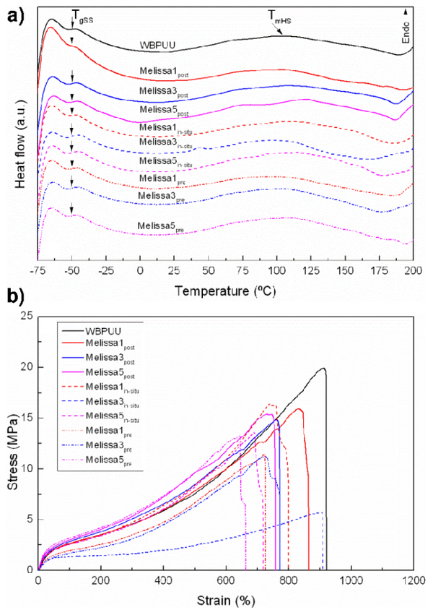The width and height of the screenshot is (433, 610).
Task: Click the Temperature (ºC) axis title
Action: pos(224,288)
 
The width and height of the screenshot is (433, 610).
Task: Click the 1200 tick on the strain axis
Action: pos(413,580)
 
